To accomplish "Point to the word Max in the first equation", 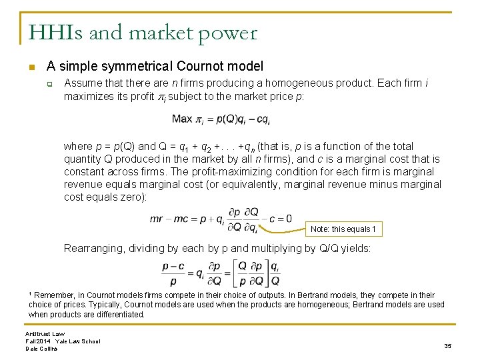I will point(181,119).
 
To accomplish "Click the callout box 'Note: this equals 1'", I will point(343,229).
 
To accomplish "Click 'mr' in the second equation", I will point(157,218).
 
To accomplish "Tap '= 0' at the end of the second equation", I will point(283,218).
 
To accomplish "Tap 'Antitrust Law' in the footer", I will point(46,333).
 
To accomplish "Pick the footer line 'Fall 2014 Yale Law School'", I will point(63,341).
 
